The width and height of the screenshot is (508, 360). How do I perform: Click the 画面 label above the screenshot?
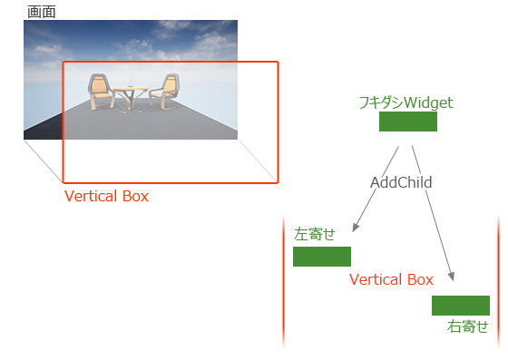[41, 12]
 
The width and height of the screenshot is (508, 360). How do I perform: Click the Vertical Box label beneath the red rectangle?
[106, 196]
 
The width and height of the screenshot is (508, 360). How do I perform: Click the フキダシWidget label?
[406, 102]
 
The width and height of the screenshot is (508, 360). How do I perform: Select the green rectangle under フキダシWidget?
[407, 122]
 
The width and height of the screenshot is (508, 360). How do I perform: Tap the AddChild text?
[401, 182]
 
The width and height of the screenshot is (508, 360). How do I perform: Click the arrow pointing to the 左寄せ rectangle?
[359, 222]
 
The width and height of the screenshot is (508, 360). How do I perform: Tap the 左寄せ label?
[315, 234]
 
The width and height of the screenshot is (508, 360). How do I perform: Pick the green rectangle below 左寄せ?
[321, 256]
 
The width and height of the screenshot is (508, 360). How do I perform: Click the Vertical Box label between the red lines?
[391, 279]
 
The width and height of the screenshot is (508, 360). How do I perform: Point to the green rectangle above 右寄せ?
[461, 305]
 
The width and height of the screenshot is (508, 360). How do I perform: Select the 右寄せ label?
[467, 326]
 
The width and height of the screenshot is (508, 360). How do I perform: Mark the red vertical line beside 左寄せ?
[283, 281]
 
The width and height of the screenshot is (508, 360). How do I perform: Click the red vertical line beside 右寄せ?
[499, 281]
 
